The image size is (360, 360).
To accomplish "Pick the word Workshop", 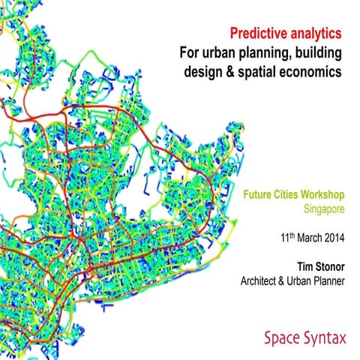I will pos(327,193).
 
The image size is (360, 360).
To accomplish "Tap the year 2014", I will pos(334,235).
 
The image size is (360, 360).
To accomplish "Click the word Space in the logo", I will pos(282,338).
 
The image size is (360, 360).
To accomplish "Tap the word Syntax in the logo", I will pos(325,339).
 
